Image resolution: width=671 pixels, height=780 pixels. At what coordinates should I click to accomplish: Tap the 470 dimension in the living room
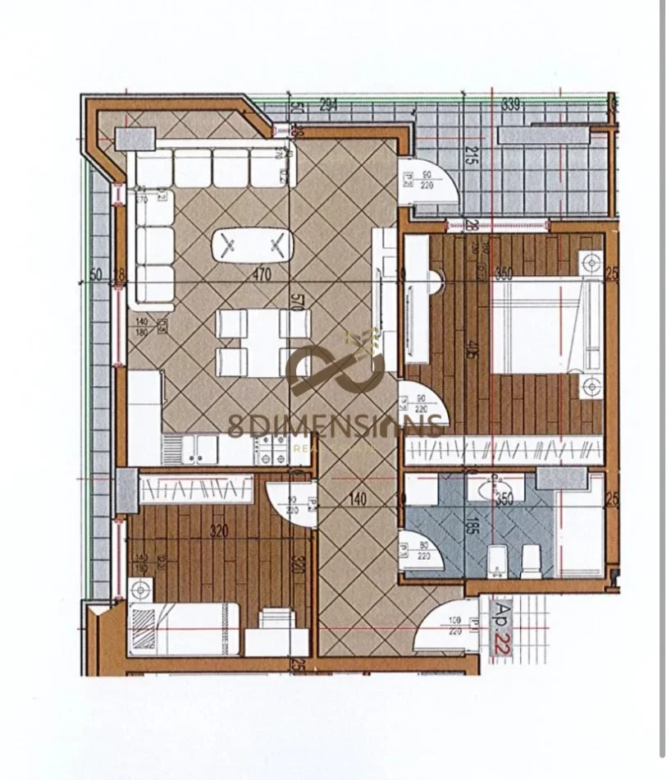click(261, 276)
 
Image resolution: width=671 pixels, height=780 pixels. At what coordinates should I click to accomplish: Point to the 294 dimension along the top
click(328, 104)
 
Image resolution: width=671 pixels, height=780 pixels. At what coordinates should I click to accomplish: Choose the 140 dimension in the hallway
click(356, 498)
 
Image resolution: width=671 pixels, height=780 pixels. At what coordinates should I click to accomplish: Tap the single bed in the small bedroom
click(185, 629)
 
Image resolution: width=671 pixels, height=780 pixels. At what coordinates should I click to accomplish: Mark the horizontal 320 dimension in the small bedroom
click(217, 531)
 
